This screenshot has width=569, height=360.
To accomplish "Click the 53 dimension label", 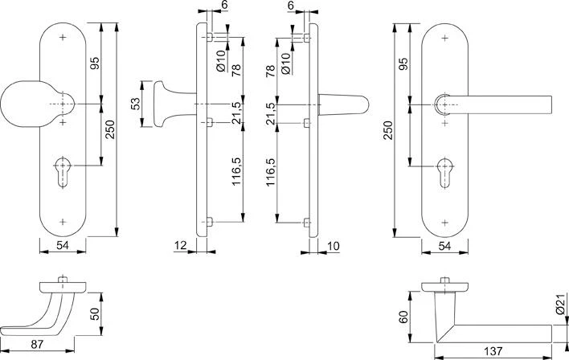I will point(136,104).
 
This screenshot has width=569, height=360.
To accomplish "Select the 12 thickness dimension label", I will point(180,244).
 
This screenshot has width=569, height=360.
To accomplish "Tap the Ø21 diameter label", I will point(560,306).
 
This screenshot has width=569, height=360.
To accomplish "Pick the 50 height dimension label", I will point(93,312).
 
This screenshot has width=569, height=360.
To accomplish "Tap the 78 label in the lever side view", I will point(271,71).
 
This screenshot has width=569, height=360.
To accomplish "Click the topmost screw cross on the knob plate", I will point(63,38).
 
